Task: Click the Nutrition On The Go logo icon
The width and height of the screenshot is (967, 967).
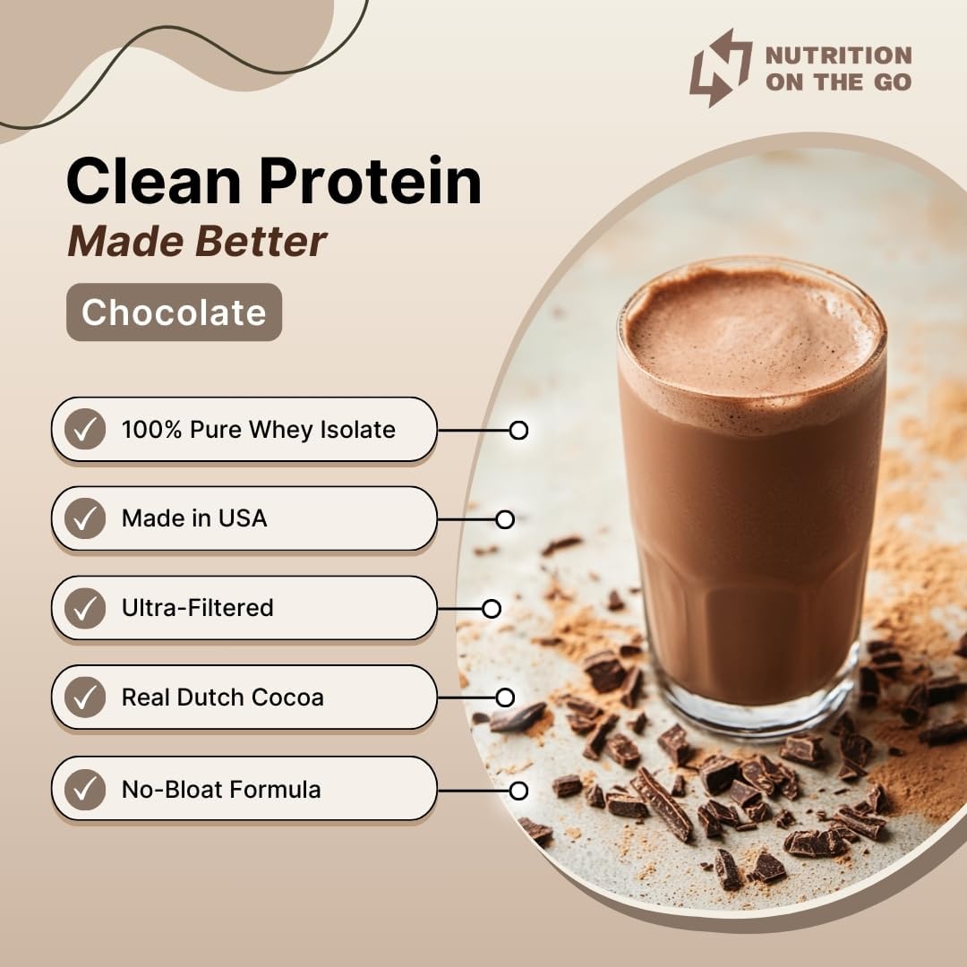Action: (720, 67)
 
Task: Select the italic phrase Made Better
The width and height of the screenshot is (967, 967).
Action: (197, 241)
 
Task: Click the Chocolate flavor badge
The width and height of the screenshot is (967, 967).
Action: (174, 312)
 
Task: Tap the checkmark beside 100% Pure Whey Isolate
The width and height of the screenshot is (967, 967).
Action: (85, 430)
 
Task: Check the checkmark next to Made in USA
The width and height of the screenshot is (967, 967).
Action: (85, 518)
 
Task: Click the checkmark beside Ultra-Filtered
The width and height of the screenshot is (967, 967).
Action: (85, 608)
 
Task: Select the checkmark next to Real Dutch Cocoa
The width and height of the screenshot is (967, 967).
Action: (85, 697)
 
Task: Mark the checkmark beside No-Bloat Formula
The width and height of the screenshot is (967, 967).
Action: (85, 790)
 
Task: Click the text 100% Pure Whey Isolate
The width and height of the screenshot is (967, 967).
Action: (258, 430)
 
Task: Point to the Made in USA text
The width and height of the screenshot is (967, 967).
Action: (194, 518)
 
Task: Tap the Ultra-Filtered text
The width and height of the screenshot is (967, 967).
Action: (198, 608)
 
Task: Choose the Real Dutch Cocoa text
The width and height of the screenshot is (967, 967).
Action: (223, 697)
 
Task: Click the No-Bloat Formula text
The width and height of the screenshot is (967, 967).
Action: (221, 790)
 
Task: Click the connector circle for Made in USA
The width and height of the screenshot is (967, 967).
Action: (505, 519)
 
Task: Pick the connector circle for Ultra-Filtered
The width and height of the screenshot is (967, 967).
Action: (492, 609)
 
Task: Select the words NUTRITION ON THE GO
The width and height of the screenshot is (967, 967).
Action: (838, 68)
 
